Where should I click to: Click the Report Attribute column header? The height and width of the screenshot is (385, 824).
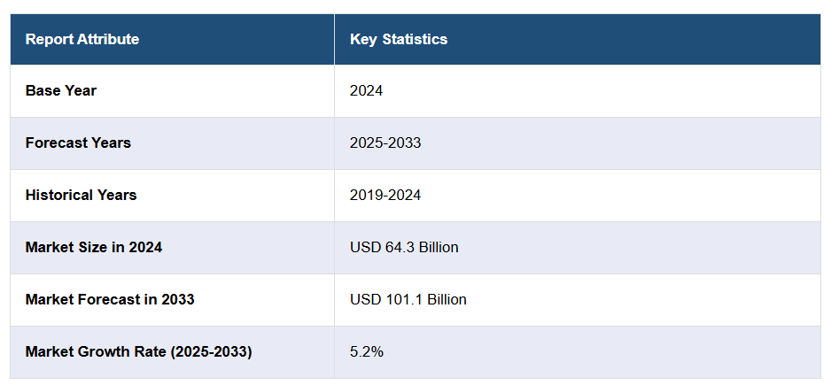82,39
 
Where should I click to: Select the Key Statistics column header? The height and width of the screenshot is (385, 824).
398,39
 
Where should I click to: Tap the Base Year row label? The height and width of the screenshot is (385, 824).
60,90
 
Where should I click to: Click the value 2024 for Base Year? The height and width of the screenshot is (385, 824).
366,90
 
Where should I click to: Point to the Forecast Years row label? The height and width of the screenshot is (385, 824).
78,142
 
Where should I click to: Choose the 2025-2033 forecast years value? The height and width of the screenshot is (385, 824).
385,142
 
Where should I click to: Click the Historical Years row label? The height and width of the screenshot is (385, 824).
81,195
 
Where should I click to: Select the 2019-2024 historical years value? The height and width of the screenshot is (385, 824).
385,195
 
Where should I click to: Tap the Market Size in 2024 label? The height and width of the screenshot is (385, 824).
93,247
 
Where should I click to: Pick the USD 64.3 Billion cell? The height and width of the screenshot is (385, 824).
404,247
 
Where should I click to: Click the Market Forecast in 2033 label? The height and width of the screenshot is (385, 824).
110,299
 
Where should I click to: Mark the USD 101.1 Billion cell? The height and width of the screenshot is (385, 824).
408,299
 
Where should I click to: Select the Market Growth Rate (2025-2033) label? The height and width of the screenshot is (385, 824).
138,351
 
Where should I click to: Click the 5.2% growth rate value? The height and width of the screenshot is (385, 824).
366,351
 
